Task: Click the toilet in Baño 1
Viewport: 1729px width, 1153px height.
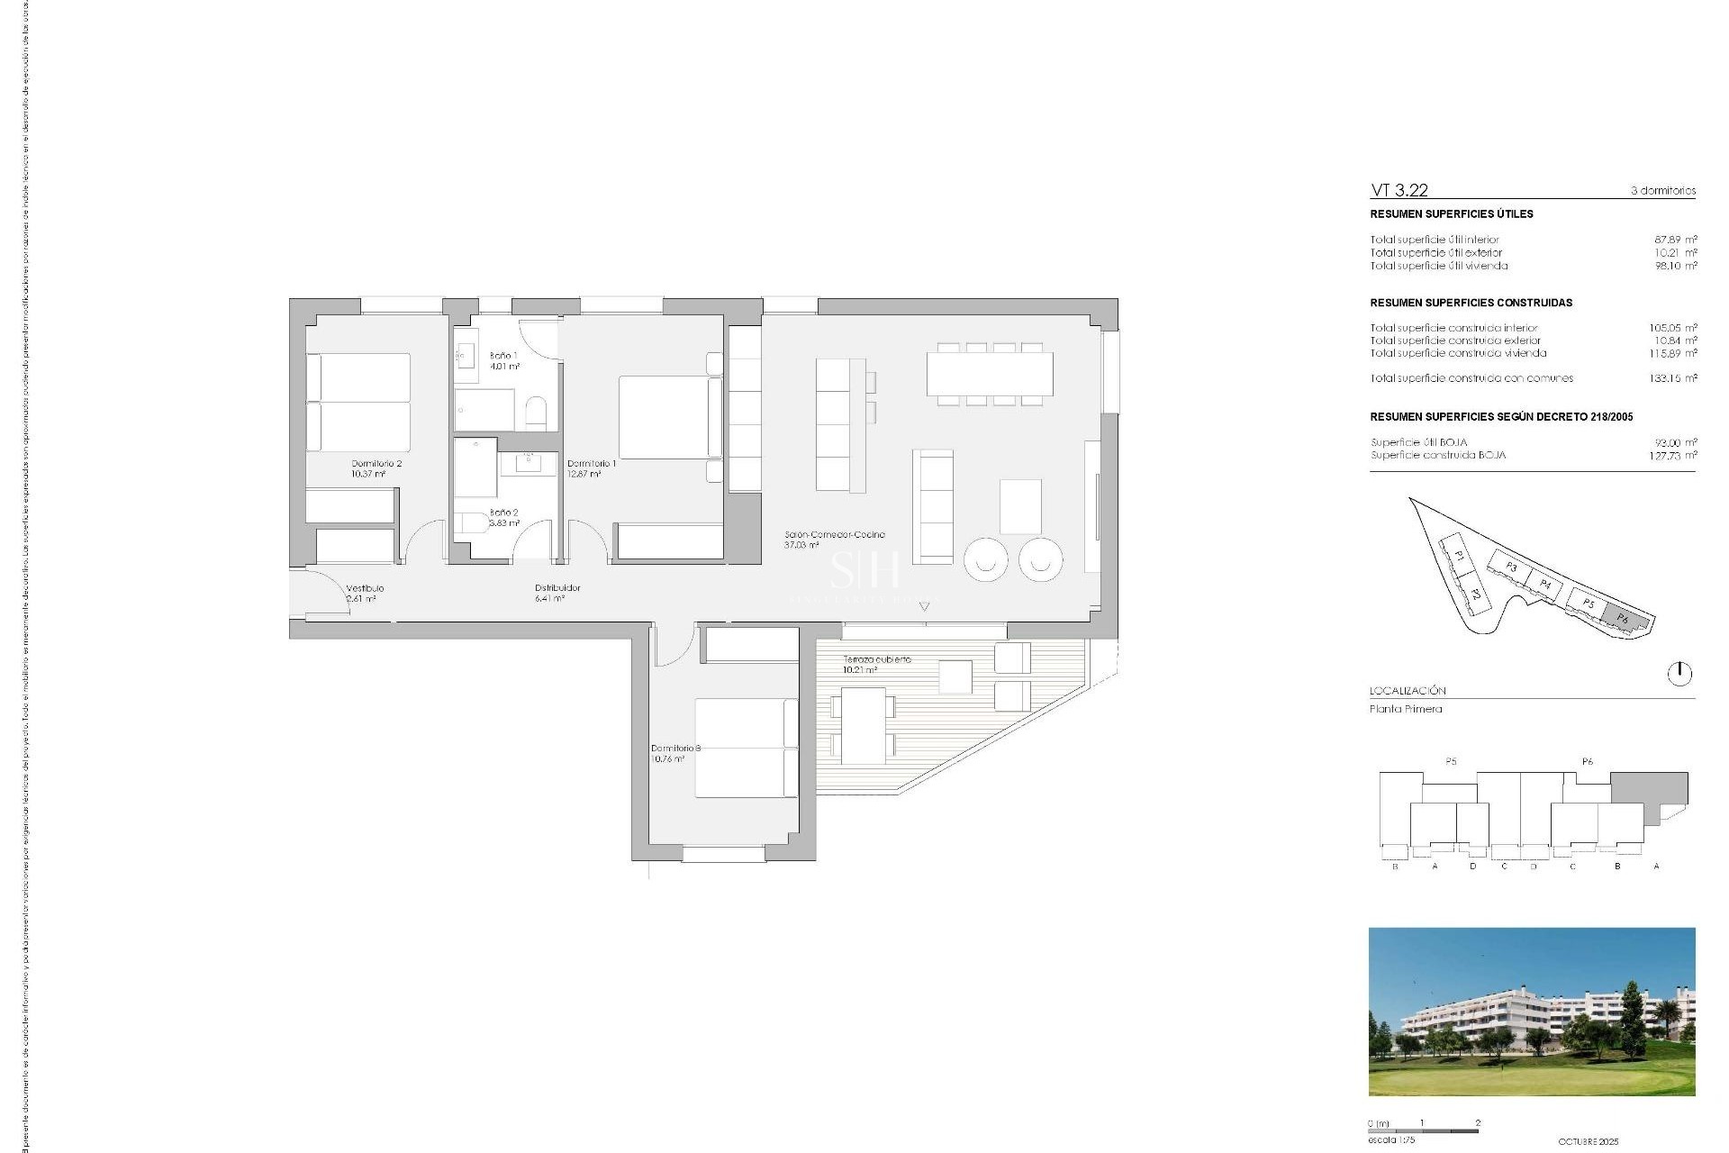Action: pos(536,413)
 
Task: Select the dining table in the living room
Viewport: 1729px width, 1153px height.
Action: pos(990,374)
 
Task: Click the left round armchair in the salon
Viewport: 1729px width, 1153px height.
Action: pos(986,559)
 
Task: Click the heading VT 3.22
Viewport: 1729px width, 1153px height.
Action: pos(1399,190)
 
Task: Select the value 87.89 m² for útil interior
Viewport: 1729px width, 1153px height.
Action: pos(1675,240)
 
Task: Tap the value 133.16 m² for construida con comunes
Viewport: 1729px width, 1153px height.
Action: pos(1672,378)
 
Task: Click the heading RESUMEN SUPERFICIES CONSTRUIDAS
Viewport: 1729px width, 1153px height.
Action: pos(1471,303)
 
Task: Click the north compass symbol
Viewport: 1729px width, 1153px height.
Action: pos(1679,673)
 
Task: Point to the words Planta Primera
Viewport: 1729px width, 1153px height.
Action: pos(1406,709)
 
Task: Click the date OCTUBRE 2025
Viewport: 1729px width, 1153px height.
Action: pos(1588,1141)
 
